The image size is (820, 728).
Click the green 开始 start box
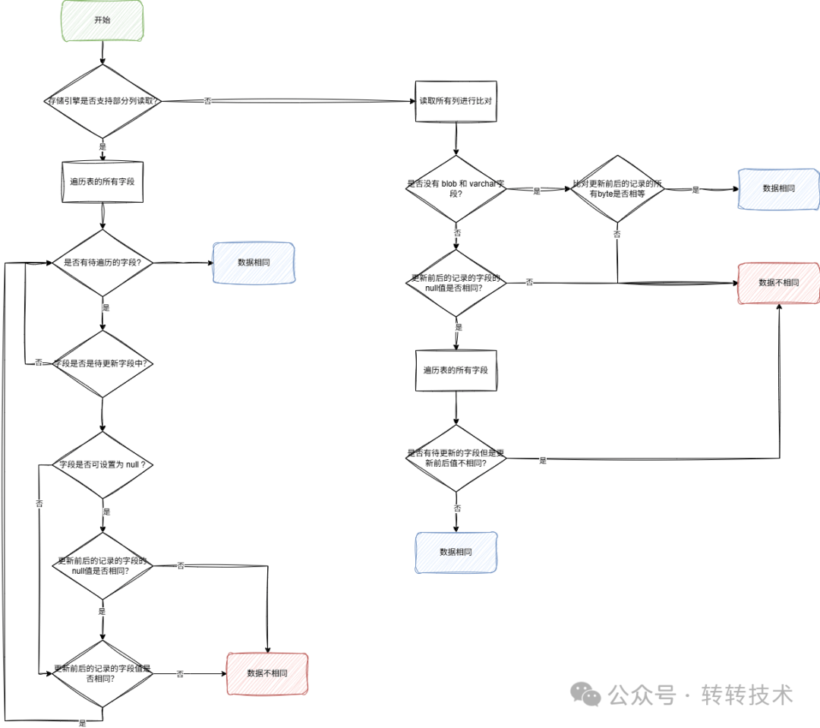click(x=102, y=20)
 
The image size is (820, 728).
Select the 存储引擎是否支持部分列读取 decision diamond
click(x=102, y=101)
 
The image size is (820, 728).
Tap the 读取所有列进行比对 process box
click(x=456, y=101)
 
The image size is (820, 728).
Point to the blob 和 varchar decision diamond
click(x=456, y=189)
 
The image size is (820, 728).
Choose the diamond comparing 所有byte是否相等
click(x=617, y=189)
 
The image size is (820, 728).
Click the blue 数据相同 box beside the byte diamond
click(x=778, y=188)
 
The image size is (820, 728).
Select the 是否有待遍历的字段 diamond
click(x=102, y=263)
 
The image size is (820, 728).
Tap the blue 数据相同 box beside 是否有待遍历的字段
click(x=254, y=263)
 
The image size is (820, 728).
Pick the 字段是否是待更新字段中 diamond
click(x=102, y=364)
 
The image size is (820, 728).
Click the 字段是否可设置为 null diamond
click(x=102, y=464)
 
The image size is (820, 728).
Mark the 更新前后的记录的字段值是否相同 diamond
click(x=102, y=674)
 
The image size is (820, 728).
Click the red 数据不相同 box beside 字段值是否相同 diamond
click(x=267, y=673)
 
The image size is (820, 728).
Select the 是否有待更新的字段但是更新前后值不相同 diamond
click(x=456, y=458)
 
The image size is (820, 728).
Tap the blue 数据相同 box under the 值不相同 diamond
click(x=456, y=552)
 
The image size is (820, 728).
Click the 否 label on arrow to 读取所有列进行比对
click(x=207, y=101)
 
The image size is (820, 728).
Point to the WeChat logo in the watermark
click(x=587, y=694)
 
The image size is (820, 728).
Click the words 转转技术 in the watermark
click(x=747, y=695)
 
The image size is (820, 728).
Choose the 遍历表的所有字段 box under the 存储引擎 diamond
click(x=102, y=181)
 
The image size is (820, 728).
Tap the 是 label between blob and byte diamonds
click(x=537, y=191)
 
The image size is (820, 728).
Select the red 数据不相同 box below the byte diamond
click(x=778, y=282)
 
